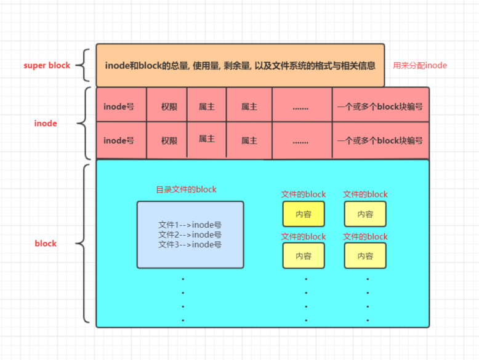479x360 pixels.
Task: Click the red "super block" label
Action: click(47, 65)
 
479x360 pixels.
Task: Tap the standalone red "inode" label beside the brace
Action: click(46, 124)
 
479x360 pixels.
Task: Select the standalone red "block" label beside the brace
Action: click(46, 244)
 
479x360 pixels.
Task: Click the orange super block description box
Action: click(240, 65)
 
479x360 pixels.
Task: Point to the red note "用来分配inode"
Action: click(420, 65)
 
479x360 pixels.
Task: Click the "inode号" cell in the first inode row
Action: click(119, 106)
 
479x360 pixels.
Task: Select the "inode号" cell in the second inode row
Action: click(119, 140)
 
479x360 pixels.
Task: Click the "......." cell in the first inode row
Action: click(300, 106)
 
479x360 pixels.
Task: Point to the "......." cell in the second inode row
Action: click(300, 140)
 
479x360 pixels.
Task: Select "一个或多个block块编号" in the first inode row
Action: click(380, 106)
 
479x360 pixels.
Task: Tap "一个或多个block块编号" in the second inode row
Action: click(380, 140)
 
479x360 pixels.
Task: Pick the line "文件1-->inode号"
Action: click(190, 225)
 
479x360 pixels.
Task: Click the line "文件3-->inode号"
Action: click(190, 244)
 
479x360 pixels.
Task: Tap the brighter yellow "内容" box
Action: click(304, 214)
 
